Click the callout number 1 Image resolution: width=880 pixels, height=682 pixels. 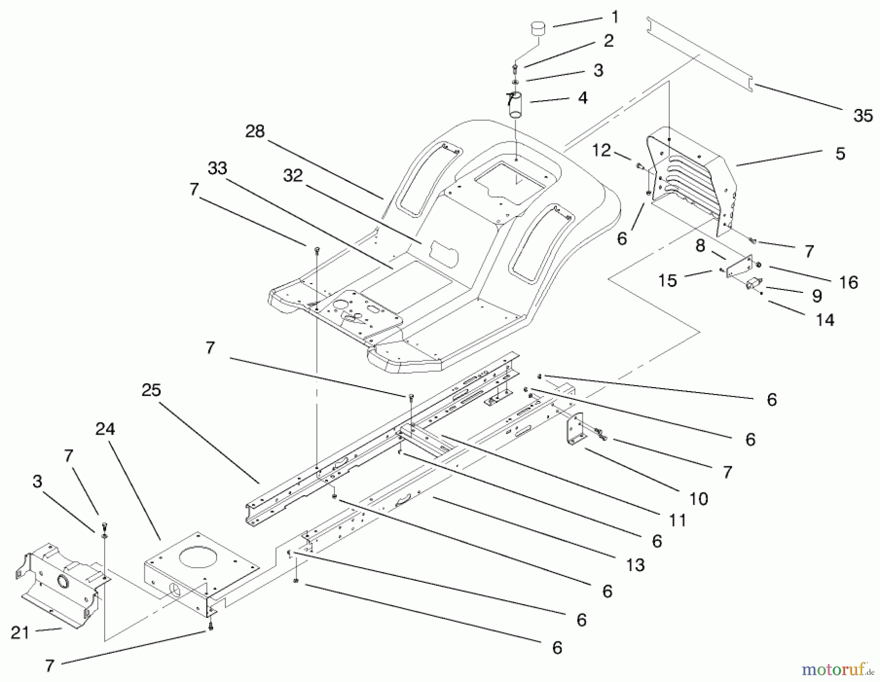coord(615,18)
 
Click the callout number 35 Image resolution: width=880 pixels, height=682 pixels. coord(862,116)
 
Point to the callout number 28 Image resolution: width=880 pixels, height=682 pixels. coord(255,132)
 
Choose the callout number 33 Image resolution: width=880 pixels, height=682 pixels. coord(218,169)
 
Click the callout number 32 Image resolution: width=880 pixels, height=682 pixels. coord(293,176)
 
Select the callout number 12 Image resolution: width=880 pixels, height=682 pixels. coord(601,151)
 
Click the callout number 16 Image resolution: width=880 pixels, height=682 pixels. coord(848,282)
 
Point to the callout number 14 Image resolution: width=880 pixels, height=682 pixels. coord(825,320)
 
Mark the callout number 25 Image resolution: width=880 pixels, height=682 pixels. coord(151,391)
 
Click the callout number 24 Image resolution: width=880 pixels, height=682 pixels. coord(105,429)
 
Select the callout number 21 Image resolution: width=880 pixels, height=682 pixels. coord(20,633)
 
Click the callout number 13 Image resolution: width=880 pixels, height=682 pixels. coord(635,565)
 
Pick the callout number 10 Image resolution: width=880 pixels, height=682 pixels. coord(699,499)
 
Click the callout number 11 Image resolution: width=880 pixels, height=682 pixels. coord(678,520)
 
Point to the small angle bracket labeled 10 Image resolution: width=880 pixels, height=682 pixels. coord(576,429)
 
